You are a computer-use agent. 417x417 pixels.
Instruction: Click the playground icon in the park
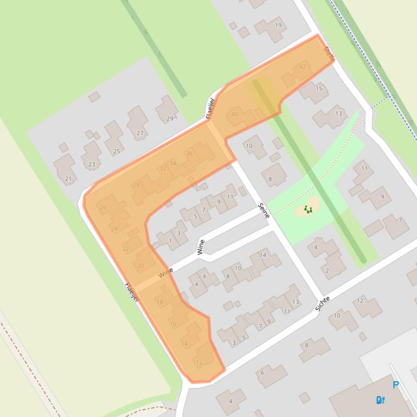coord(309,210)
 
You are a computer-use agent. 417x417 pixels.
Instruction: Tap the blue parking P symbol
coord(395,385)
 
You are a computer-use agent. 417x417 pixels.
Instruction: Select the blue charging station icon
coord(380,400)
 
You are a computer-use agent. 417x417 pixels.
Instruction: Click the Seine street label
coord(264,210)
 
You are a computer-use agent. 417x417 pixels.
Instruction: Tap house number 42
coord(302,67)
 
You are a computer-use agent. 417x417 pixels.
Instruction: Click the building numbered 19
coord(278,25)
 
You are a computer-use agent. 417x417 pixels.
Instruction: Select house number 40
coord(234,114)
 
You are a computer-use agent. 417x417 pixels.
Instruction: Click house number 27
coord(140,133)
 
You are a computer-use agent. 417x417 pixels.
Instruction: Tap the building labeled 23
coord(92,164)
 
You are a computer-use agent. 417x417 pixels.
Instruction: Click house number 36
coord(189,154)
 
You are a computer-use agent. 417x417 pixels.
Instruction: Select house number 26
coord(103,207)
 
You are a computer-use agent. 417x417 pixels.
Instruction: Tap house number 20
coord(140,265)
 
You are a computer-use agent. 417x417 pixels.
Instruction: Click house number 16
coord(173,324)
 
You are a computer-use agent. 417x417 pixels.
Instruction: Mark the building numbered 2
coord(327,270)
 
